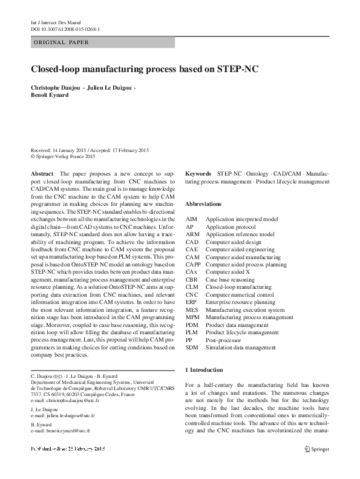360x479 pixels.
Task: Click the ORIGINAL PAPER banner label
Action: pos(61,43)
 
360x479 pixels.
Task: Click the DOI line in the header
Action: pos(65,29)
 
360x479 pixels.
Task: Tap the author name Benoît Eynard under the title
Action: pos(51,96)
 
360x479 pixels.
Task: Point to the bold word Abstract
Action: pos(42,174)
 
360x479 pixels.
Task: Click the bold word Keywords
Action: pos(198,174)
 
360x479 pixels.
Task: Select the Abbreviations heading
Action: pos(203,204)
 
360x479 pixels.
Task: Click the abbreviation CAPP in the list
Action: pos(193,265)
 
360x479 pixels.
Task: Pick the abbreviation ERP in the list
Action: pos(191,302)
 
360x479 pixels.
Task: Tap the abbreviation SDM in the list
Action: pos(192,347)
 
